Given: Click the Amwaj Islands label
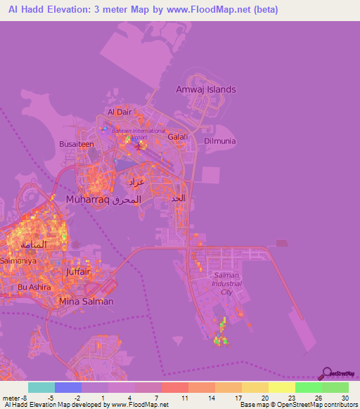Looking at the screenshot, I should coord(205,89).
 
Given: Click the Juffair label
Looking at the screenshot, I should coord(78,270).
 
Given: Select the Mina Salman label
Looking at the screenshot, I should coord(86,301).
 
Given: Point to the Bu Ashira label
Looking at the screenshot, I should coord(33,287).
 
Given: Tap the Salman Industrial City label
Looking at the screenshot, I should coord(226,283).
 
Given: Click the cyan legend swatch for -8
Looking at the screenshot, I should coord(41,387).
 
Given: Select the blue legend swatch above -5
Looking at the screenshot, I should coord(67,387).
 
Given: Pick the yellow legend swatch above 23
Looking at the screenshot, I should coord(281,387).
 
